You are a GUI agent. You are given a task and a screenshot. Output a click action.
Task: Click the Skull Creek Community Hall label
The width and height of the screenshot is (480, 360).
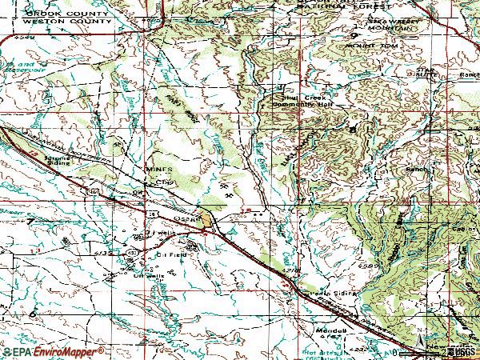(300, 100)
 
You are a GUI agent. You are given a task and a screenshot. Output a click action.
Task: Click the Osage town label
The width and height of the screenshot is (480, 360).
(185, 218)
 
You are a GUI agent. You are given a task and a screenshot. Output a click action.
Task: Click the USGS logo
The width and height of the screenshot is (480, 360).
(459, 351)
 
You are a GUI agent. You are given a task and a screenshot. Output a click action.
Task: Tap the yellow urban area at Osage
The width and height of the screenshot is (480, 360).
(207, 218)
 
